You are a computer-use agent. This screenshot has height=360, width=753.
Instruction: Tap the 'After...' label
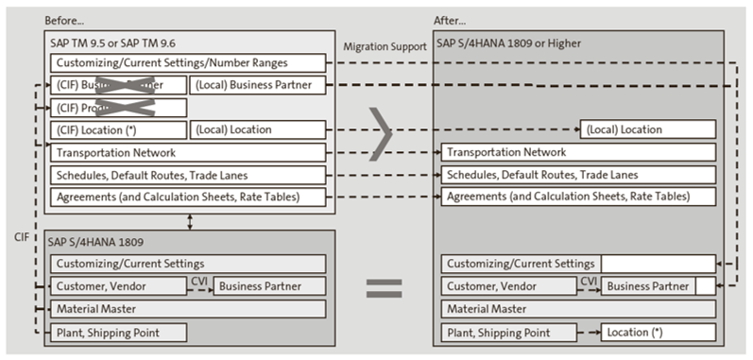[453, 19]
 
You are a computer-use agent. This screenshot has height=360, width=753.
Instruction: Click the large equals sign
[384, 287]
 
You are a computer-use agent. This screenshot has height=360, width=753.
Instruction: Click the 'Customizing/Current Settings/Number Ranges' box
[190, 62]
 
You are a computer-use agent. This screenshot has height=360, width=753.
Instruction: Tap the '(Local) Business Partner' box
[260, 85]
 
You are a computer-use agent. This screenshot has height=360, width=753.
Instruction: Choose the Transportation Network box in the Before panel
[190, 152]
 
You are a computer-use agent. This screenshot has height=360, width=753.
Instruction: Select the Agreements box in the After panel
[566, 197]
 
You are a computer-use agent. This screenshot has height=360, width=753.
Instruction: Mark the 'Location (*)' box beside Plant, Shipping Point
[647, 332]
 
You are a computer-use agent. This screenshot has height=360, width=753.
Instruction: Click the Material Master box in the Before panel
[190, 309]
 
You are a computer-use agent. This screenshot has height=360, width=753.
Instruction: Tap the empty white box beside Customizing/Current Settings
[656, 264]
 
